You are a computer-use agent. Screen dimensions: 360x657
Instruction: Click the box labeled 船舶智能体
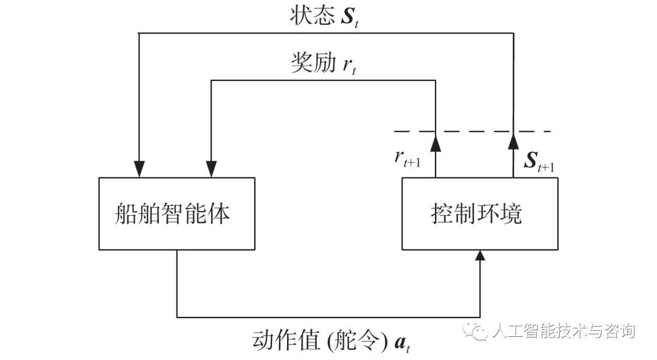point(176,214)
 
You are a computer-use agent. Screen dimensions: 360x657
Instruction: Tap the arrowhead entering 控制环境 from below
point(481,255)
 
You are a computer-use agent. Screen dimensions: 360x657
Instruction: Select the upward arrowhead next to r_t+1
point(436,144)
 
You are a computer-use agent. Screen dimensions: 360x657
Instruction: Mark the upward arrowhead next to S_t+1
point(513,144)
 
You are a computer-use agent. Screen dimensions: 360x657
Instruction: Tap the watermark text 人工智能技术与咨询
point(563,331)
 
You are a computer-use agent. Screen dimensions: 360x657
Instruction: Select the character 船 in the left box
point(127,214)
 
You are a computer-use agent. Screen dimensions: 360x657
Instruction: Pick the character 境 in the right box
point(512,214)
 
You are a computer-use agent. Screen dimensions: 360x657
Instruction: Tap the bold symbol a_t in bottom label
point(402,344)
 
